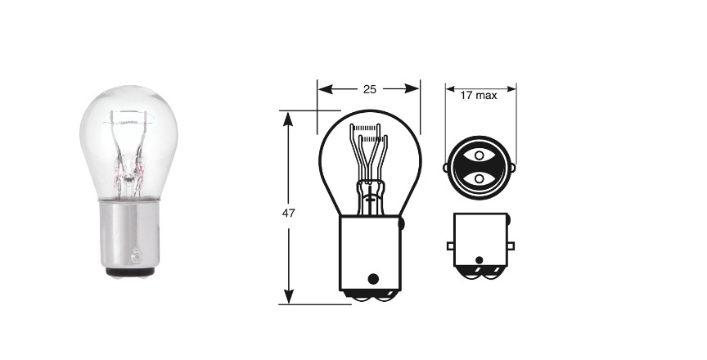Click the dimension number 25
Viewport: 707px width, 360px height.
click(x=369, y=89)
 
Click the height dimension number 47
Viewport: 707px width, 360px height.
click(x=288, y=213)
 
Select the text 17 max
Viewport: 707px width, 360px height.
click(x=479, y=96)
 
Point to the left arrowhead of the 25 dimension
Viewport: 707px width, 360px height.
click(x=325, y=89)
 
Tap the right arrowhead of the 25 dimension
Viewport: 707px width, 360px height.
click(x=412, y=89)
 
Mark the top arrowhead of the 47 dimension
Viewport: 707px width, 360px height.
click(x=288, y=119)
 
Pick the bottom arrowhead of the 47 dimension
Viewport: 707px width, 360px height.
click(x=288, y=296)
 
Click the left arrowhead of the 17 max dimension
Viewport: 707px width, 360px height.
click(x=450, y=88)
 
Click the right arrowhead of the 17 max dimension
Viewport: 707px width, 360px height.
click(x=511, y=88)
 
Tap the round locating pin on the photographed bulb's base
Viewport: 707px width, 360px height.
click(x=136, y=257)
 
